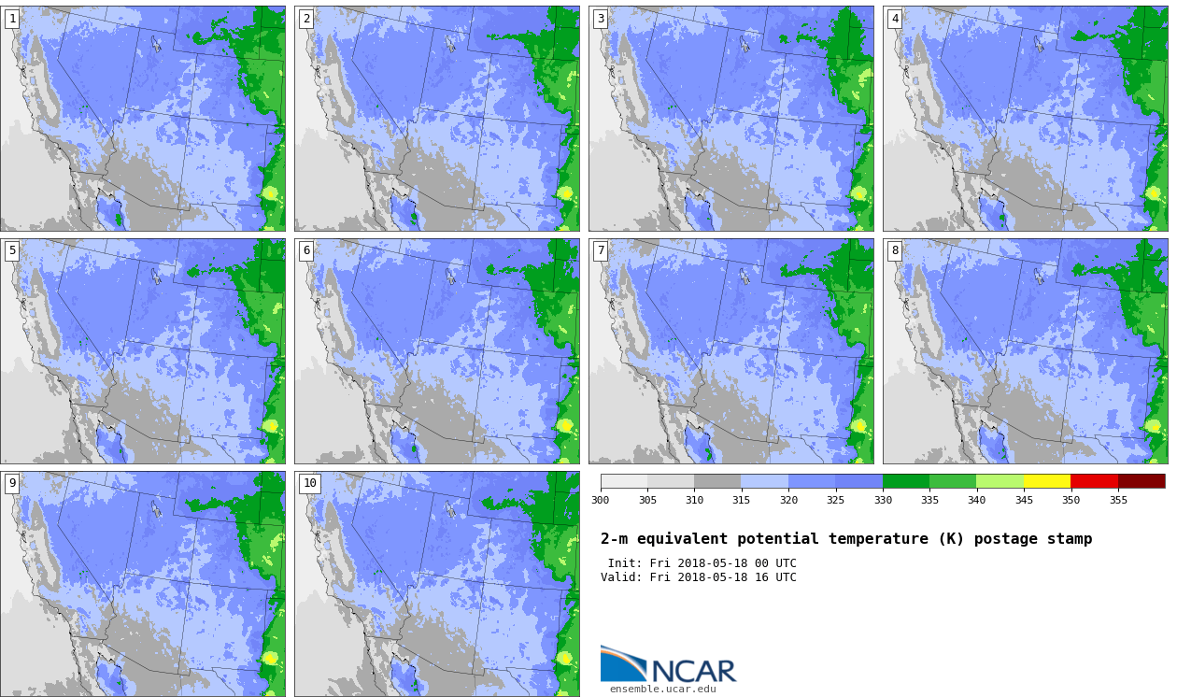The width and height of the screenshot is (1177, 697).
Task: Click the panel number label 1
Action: click(11, 20)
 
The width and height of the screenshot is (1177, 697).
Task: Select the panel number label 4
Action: click(894, 20)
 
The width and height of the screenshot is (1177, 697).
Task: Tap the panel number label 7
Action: click(600, 250)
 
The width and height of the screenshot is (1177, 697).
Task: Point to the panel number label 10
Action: click(309, 483)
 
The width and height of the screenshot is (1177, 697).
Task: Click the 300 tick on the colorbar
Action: click(601, 500)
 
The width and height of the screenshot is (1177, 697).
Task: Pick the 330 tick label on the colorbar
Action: click(883, 500)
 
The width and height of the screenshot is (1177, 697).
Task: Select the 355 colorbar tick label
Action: click(1118, 500)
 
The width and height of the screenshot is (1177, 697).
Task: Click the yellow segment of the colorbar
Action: click(1046, 481)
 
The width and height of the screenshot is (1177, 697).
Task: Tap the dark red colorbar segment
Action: click(1142, 481)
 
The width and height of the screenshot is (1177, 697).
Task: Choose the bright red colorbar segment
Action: click(1094, 481)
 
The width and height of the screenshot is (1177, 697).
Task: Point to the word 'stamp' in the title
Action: click(1070, 539)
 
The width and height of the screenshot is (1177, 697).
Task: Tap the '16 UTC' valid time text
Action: click(775, 577)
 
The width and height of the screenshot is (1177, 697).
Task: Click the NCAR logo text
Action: click(694, 671)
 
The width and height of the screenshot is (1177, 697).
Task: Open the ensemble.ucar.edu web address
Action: click(663, 690)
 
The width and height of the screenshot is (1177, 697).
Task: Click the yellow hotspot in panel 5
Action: click(270, 425)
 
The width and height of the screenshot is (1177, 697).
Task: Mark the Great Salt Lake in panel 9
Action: click(156, 508)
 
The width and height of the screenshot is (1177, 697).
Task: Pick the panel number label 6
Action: click(305, 250)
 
